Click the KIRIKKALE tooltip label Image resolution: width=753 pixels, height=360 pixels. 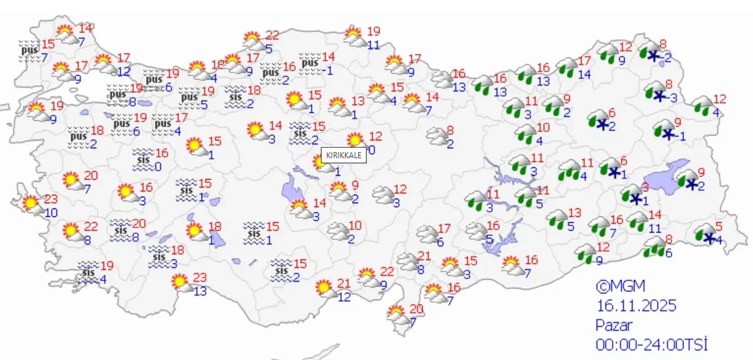[344, 155]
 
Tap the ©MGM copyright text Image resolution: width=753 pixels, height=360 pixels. [620, 286]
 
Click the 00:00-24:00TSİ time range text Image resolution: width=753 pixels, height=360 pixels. [651, 344]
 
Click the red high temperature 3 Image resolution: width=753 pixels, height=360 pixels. [645, 187]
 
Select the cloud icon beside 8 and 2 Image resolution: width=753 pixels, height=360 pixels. [437, 137]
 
